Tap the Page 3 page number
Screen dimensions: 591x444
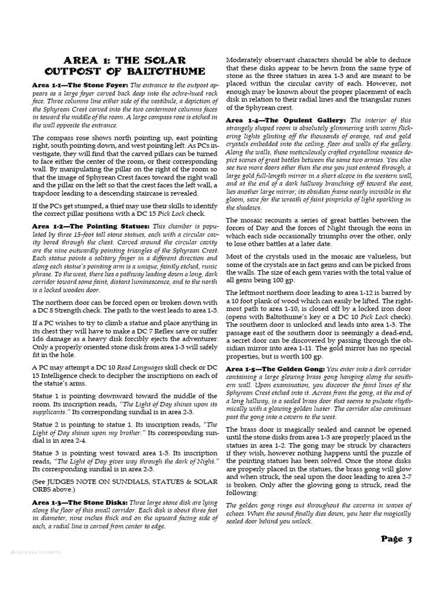pyautogui.click(x=397, y=540)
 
